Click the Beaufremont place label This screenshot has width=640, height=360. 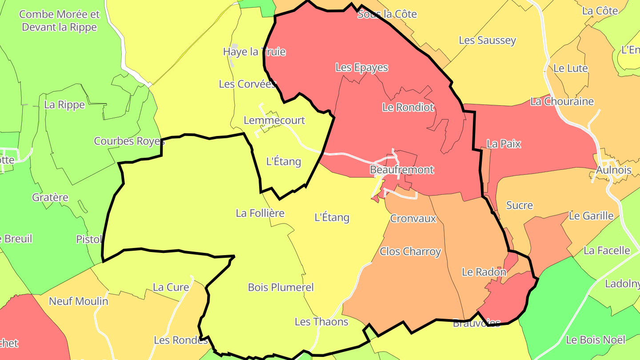(x=402, y=170)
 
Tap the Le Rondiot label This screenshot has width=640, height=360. (x=408, y=107)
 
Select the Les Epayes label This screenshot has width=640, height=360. (x=362, y=68)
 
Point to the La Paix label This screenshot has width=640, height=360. (x=504, y=144)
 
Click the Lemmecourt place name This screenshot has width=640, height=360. (x=274, y=120)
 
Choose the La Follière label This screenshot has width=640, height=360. (x=260, y=213)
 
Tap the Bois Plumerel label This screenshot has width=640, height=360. (x=281, y=288)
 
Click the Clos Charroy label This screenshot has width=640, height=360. (x=410, y=252)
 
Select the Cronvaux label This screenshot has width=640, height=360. (x=413, y=219)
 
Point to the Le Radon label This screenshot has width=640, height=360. (x=484, y=272)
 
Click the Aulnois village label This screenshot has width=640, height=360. (x=614, y=170)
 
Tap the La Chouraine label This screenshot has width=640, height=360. (x=562, y=101)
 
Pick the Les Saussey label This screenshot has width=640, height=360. (x=488, y=40)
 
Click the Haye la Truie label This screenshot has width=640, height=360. (x=254, y=52)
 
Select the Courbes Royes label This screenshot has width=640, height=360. (x=129, y=141)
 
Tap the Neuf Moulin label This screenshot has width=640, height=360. (x=79, y=301)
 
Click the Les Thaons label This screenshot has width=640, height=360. (x=321, y=322)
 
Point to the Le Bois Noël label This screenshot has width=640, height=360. (x=596, y=340)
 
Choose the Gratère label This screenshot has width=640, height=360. (x=50, y=197)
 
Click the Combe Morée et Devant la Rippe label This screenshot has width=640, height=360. (x=60, y=21)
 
